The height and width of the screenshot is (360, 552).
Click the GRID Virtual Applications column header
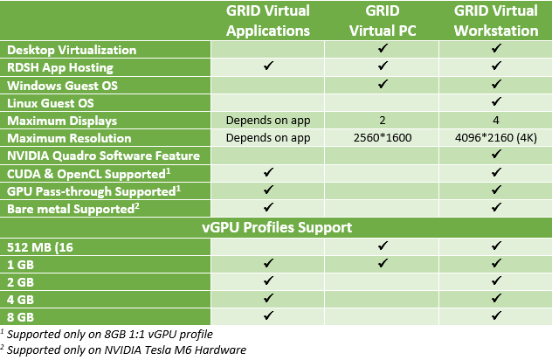269,21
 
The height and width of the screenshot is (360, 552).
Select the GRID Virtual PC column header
383,21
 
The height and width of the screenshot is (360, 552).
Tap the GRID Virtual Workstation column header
495,21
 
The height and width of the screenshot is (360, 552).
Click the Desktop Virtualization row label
72,50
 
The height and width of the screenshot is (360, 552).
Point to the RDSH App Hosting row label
59,67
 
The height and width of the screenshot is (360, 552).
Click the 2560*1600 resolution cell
383,138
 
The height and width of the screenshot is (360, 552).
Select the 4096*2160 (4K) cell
495,138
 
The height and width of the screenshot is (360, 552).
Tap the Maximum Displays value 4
495,121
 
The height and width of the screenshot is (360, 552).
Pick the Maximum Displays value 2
383,121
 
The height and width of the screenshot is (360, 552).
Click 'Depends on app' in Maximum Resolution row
269,138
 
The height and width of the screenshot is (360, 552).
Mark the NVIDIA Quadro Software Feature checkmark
495,156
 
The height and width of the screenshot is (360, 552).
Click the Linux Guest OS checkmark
495,102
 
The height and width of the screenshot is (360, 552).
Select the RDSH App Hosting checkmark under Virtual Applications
269,67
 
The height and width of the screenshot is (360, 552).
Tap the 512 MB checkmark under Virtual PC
383,246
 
